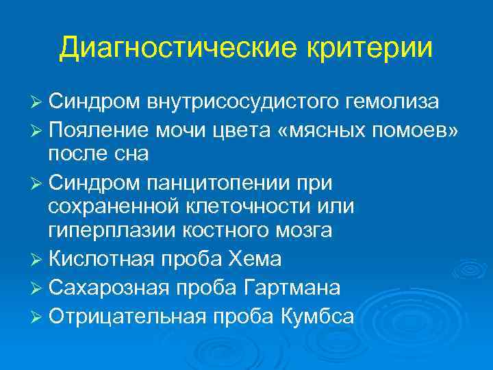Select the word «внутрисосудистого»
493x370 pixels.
[239, 102]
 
